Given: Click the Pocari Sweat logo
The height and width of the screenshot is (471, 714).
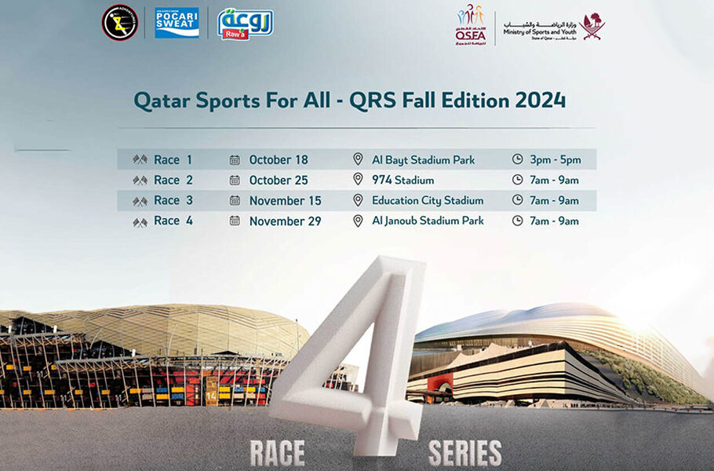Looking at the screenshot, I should pos(177,22).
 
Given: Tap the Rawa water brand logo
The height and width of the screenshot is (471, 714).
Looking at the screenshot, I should pos(245,24).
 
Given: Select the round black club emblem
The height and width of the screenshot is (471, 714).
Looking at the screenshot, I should pos(120,23).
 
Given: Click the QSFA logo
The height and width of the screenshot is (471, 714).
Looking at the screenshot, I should pos(471,25).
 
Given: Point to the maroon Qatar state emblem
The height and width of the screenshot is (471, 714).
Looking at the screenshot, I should pos(593,25).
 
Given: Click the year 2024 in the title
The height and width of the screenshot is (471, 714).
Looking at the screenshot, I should pos(540,100).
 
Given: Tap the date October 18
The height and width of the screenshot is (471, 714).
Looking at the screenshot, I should pos(279,159).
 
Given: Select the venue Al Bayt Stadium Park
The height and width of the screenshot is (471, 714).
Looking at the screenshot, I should pos(423,159).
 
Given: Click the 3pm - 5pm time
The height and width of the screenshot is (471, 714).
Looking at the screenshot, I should pos(556,159).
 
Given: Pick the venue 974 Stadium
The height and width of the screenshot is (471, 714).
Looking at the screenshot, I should pos(403,180).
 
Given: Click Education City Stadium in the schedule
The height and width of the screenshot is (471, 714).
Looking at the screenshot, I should pos(428,200).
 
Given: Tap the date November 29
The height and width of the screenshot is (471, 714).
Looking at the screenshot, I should pos(285,221).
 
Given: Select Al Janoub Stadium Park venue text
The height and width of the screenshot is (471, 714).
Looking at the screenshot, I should pos(428,221).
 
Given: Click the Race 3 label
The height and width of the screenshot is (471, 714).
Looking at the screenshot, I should pos(173,200).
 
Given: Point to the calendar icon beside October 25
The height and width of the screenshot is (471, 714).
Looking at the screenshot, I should pos(235,180).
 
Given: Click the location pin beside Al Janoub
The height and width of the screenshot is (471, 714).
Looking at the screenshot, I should pos(358,221).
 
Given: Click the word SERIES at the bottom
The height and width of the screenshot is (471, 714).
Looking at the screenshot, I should pos(465,452).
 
